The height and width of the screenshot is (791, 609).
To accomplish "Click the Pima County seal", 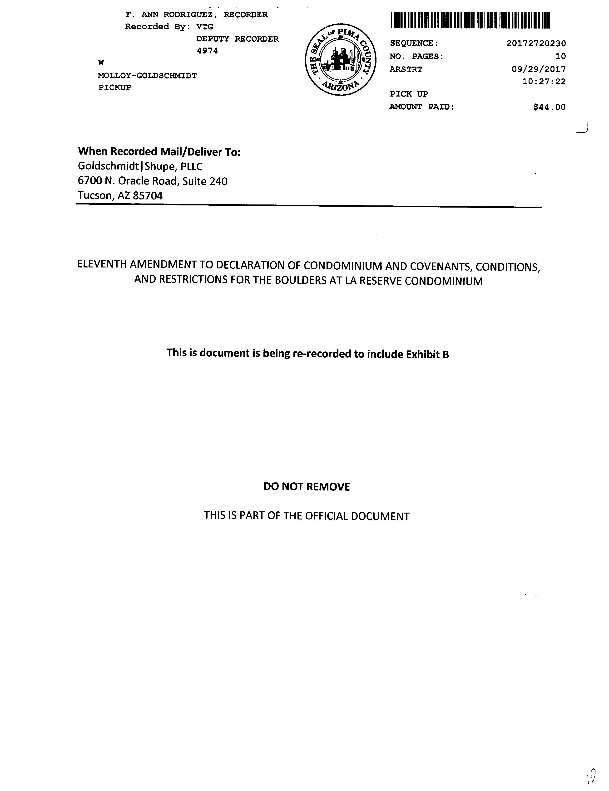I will (340, 60).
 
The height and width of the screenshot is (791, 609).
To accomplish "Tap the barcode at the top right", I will (470, 21).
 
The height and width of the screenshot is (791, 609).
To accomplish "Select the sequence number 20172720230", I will (536, 44).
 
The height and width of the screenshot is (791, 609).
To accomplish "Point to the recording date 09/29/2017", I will (538, 69).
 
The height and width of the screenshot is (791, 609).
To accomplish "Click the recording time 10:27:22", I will (544, 82).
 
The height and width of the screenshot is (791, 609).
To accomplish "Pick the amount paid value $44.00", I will (549, 107).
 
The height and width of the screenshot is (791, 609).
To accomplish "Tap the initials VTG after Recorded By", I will (205, 27).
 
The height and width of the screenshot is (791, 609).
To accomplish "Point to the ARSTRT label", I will (406, 69).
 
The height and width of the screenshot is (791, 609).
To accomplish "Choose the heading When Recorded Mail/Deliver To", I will (159, 151).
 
